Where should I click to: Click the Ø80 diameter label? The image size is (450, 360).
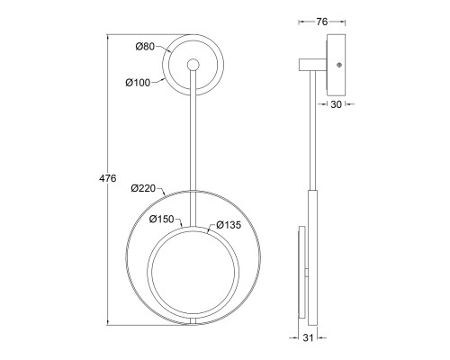pyautogui.click(x=145, y=47)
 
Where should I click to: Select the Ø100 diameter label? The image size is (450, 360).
pyautogui.click(x=138, y=83)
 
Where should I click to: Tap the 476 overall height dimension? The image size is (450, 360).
pyautogui.click(x=108, y=178)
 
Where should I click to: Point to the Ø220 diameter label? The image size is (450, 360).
pyautogui.click(x=143, y=188)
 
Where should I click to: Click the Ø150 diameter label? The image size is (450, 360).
pyautogui.click(x=162, y=220)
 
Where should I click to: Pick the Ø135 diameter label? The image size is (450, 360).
pyautogui.click(x=229, y=225)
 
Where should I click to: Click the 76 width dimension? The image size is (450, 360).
pyautogui.click(x=322, y=22)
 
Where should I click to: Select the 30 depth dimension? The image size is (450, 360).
pyautogui.click(x=336, y=104)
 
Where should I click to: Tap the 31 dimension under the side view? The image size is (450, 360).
pyautogui.click(x=308, y=337)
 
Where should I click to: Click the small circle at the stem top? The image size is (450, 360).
pyautogui.click(x=193, y=65)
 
